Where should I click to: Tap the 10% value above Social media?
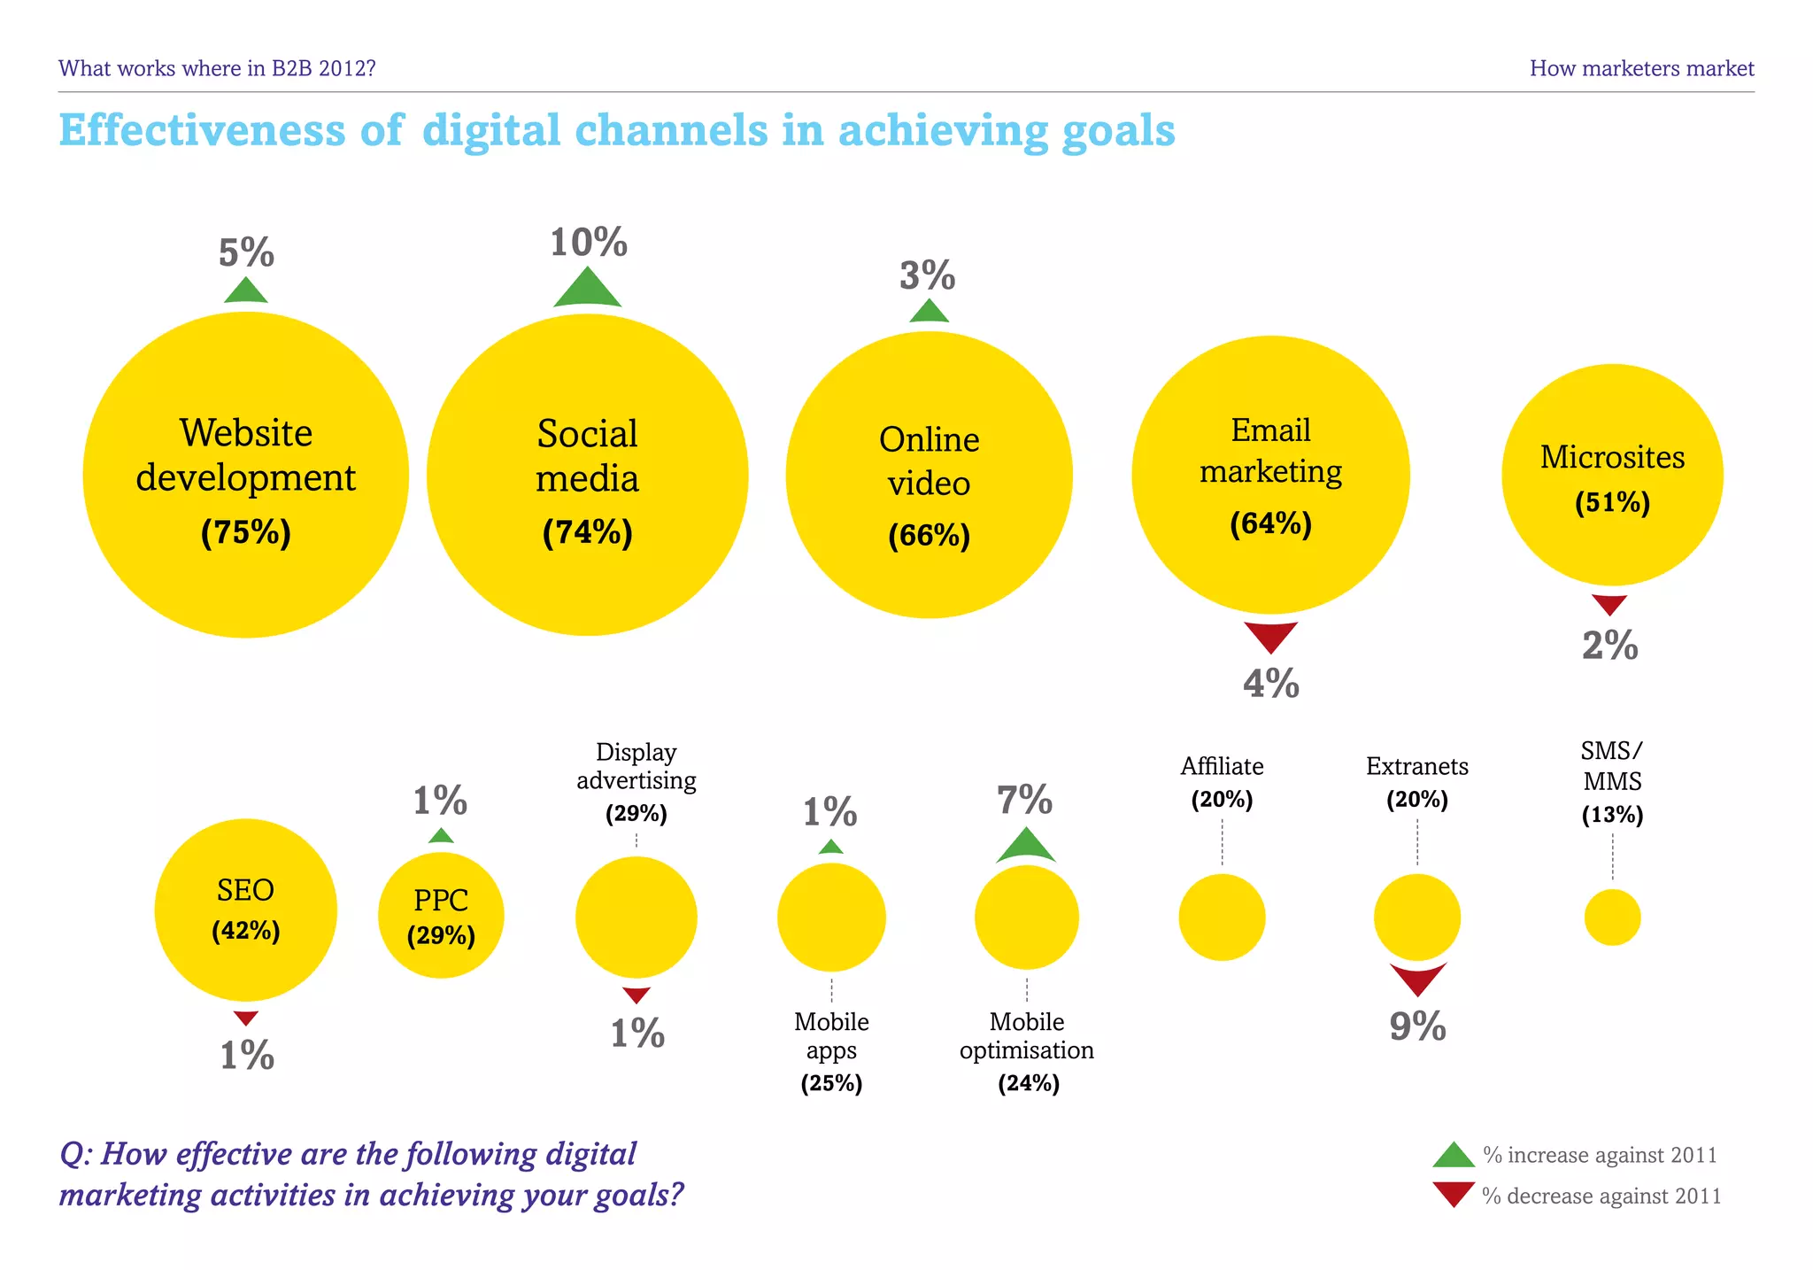click(x=589, y=243)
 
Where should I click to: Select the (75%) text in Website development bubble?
click(x=246, y=533)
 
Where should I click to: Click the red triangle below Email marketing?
click(x=1270, y=635)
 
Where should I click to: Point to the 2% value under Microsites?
click(x=1609, y=646)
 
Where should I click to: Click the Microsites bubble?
click(x=1612, y=476)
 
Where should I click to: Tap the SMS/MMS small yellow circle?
click(x=1612, y=918)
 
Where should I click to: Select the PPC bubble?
click(x=441, y=915)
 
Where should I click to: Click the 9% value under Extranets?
click(x=1417, y=1026)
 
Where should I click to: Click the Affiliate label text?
click(x=1222, y=766)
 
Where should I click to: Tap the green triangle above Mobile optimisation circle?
click(x=1026, y=848)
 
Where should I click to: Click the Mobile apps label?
click(x=831, y=1036)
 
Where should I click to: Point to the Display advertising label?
click(x=636, y=766)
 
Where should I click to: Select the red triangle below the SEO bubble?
click(x=246, y=1018)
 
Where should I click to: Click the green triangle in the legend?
click(x=1454, y=1156)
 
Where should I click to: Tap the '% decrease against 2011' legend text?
click(x=1601, y=1196)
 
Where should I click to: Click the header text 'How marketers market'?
click(x=1641, y=68)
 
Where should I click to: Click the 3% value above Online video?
click(x=928, y=275)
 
